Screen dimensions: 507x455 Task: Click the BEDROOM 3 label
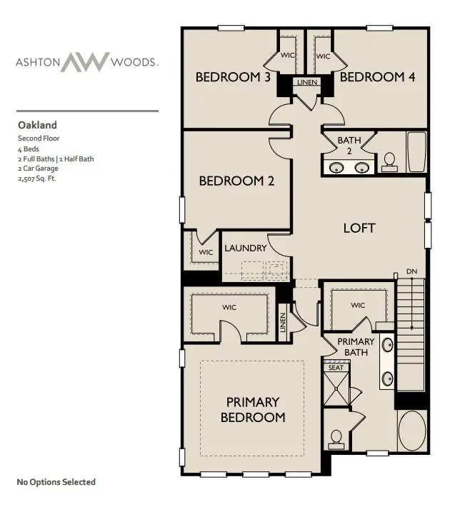(x=233, y=77)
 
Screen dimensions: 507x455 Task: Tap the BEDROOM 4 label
(x=377, y=77)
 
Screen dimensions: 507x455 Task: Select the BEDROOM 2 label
(x=236, y=181)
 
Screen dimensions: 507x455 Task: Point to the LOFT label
(x=359, y=228)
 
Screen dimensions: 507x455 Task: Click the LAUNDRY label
(x=246, y=249)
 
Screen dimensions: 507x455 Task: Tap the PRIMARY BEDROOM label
(x=253, y=410)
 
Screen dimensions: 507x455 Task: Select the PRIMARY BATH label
(x=356, y=347)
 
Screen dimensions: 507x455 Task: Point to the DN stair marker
(x=411, y=271)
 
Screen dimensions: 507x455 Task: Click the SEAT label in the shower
(x=336, y=368)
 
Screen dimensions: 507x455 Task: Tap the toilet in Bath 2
(x=390, y=161)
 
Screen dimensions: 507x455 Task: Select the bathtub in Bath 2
(x=416, y=152)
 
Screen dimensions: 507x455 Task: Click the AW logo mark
(x=85, y=61)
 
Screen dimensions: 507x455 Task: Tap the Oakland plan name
(x=37, y=124)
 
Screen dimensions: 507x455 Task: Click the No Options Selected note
(x=56, y=482)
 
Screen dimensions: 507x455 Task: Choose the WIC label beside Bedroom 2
(x=206, y=252)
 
